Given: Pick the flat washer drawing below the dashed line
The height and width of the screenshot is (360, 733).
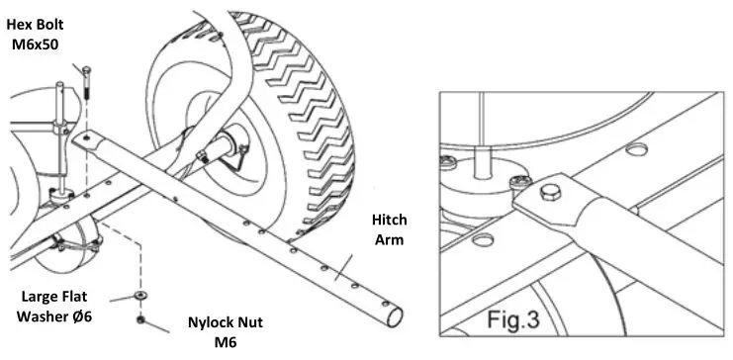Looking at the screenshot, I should tap(142, 297).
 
